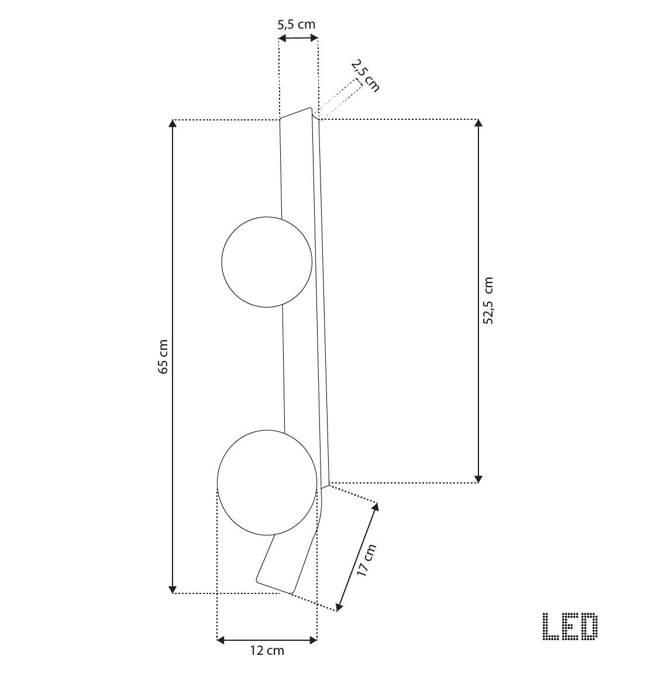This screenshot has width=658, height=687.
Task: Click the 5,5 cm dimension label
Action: coord(296,25)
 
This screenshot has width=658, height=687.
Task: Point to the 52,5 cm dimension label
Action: coord(488,301)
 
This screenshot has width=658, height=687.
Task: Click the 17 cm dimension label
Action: coord(367,560)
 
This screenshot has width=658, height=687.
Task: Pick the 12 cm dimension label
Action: coord(267,651)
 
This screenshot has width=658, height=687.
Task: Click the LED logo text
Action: coord(570,626)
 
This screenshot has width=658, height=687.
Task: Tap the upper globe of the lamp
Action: coord(267,261)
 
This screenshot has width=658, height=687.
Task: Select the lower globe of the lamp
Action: coord(267,482)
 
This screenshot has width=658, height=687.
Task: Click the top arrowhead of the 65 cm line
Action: coord(173,123)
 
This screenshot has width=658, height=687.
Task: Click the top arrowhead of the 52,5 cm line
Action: coord(478,123)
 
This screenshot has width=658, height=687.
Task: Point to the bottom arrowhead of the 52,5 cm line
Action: coord(478,479)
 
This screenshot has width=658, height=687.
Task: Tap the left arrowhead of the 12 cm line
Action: coord(221,640)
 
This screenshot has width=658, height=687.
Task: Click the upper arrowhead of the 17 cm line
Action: coord(375,507)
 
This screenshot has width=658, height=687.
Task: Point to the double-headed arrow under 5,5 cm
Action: coord(298,38)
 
